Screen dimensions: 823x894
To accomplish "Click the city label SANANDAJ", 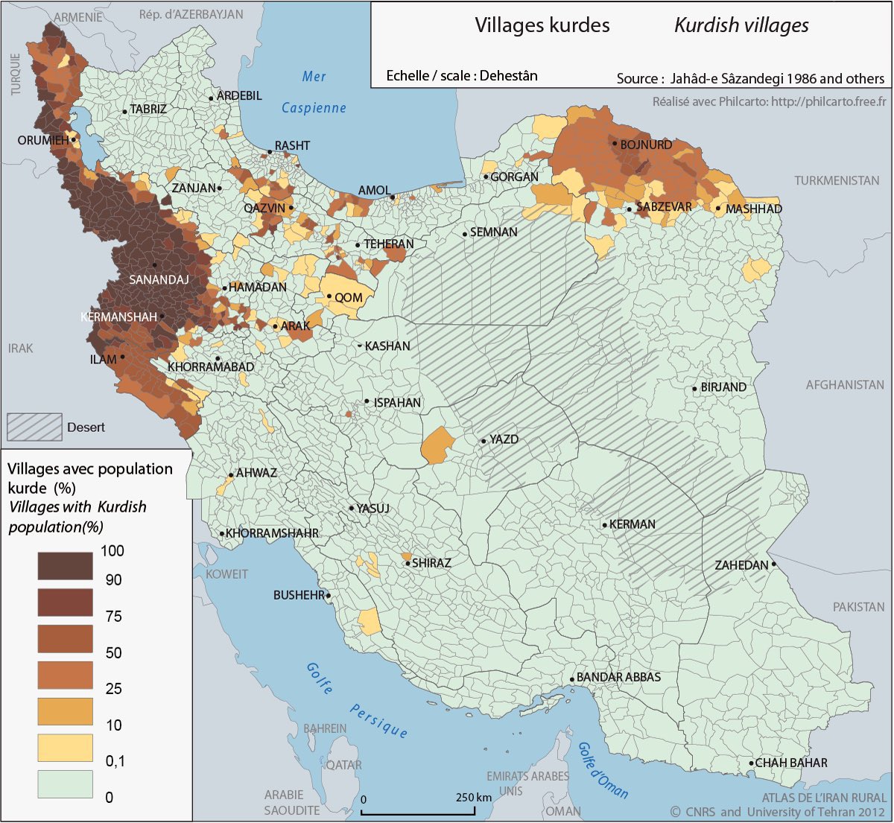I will click(x=159, y=280).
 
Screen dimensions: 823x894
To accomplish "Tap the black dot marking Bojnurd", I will click(x=615, y=144).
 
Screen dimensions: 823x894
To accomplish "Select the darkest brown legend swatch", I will click(x=66, y=565).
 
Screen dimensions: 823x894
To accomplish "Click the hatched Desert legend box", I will click(x=34, y=427).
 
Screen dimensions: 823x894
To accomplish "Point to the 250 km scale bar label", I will click(x=473, y=797).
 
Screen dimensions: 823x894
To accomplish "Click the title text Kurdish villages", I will click(x=741, y=25).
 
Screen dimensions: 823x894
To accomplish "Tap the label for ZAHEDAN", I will click(x=741, y=565).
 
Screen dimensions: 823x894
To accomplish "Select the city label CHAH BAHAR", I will click(x=791, y=763).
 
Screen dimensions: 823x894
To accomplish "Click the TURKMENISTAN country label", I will click(x=836, y=180).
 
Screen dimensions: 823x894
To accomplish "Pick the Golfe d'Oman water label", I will click(x=603, y=770).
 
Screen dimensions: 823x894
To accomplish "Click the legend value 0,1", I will click(x=115, y=761).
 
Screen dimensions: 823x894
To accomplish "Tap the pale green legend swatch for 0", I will click(x=66, y=784).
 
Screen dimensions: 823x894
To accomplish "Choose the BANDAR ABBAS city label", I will click(x=618, y=677).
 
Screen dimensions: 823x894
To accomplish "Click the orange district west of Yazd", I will click(x=437, y=446).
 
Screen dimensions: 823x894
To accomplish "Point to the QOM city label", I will click(x=348, y=297).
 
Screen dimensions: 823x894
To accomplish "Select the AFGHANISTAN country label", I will click(x=845, y=385).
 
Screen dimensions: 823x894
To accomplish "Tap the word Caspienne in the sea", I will click(x=314, y=108).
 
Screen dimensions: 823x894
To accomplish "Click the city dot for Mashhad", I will click(x=718, y=208).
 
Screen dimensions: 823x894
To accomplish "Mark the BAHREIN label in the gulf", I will click(x=325, y=728).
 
